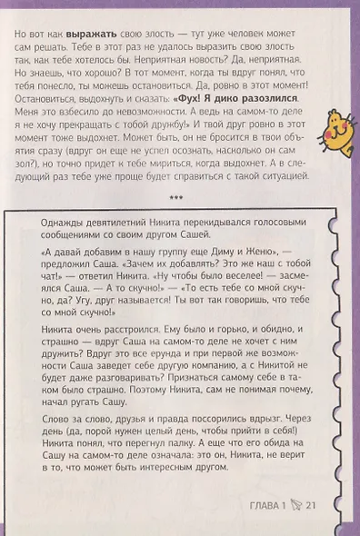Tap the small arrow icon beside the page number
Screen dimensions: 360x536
tap(295, 505)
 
